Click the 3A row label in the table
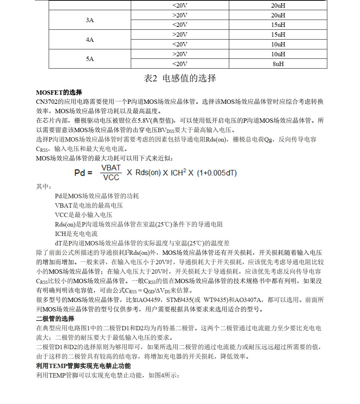coord(90,20)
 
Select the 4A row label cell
coord(90,40)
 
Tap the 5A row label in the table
coord(90,59)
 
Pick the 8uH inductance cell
coord(278,64)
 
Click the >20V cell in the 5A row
coord(180,54)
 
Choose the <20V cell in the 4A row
coord(180,44)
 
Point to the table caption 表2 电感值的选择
coord(180,78)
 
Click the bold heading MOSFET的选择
coord(59,92)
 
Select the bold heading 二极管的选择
coord(55,318)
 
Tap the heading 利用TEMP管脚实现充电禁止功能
coord(83,366)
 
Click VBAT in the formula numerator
coord(111,168)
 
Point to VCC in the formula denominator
coord(111,177)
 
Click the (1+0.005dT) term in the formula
coord(217,173)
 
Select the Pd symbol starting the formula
coord(80,173)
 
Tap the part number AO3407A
coord(248,300)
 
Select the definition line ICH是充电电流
coord(76,234)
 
